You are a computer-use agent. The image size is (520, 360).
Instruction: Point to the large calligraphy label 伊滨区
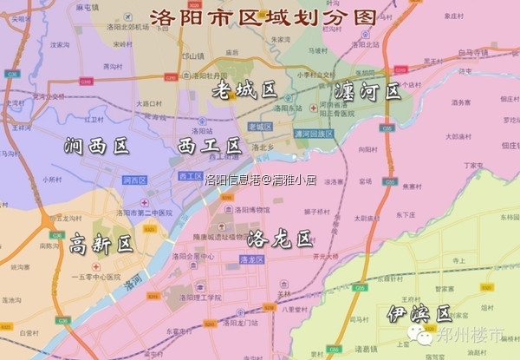pos(419,313)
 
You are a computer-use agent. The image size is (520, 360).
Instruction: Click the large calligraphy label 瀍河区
pos(367,91)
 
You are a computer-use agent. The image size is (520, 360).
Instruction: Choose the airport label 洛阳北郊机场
pos(128,27)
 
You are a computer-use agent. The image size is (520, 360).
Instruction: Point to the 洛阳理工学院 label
pos(200,297)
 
